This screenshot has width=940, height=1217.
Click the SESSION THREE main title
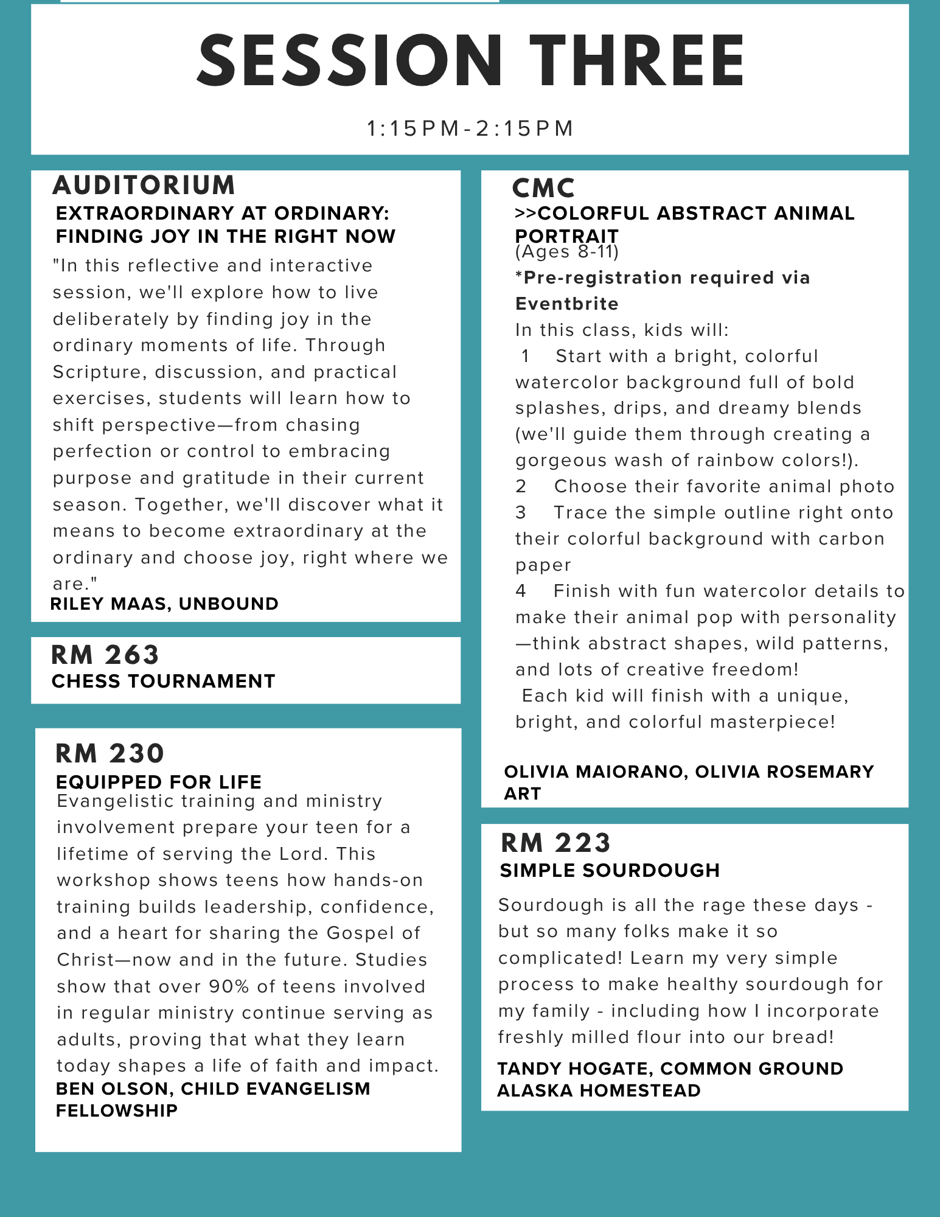tap(470, 61)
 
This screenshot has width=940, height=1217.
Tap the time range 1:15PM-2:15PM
tap(470, 128)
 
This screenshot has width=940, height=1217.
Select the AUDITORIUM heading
tap(144, 186)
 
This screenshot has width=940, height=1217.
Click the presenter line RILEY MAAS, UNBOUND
tap(164, 604)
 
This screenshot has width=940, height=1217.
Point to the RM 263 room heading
tap(105, 655)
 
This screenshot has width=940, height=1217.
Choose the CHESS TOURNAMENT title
tap(163, 681)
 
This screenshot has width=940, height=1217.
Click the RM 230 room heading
tap(110, 753)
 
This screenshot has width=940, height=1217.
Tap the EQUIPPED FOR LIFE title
tap(158, 782)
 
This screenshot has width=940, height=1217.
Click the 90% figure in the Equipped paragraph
tap(229, 986)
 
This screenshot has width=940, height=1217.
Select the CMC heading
tap(543, 188)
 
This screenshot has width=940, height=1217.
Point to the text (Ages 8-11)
tap(566, 251)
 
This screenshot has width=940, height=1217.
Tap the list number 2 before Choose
tap(521, 486)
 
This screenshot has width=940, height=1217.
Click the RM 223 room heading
tap(555, 843)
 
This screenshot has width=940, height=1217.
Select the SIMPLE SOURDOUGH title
tap(610, 870)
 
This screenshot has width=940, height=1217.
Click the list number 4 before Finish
tap(521, 591)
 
